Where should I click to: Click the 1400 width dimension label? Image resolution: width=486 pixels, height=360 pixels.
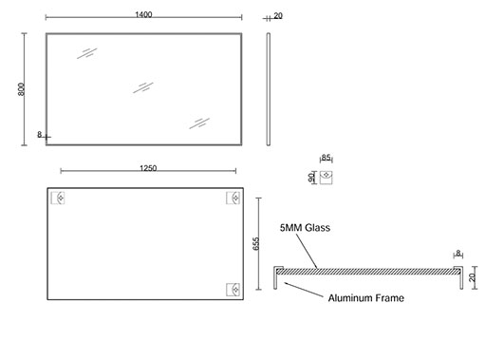[143, 14]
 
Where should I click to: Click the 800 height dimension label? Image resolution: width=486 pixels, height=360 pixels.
[21, 89]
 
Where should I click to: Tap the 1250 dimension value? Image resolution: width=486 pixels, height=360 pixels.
[148, 168]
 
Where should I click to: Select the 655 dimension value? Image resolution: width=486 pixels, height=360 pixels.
[256, 243]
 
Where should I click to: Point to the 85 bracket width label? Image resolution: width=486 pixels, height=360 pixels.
[326, 158]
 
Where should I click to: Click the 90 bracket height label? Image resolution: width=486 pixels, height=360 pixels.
[311, 178]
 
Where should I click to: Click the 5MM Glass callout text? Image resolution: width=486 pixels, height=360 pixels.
[305, 228]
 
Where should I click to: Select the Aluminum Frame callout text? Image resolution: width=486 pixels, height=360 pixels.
[366, 298]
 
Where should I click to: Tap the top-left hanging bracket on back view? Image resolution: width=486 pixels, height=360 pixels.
[58, 198]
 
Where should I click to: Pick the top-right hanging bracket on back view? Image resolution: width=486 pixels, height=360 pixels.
[233, 198]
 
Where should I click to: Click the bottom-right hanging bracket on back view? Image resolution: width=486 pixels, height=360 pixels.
[233, 290]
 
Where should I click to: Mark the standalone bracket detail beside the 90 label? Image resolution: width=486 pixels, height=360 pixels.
[326, 178]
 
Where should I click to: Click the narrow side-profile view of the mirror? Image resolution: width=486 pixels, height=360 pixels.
[269, 89]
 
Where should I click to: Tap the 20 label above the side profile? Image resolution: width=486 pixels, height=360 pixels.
[278, 16]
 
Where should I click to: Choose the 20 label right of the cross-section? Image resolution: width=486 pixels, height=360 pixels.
[472, 277]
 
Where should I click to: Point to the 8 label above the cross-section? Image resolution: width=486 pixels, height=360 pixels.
[458, 254]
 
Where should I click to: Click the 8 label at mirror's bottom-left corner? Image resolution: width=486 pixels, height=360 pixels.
[40, 135]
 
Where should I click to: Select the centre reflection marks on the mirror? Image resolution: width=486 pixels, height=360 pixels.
[143, 87]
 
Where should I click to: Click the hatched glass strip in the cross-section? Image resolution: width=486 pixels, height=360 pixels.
[368, 272]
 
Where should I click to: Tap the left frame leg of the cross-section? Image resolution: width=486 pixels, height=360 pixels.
[275, 278]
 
